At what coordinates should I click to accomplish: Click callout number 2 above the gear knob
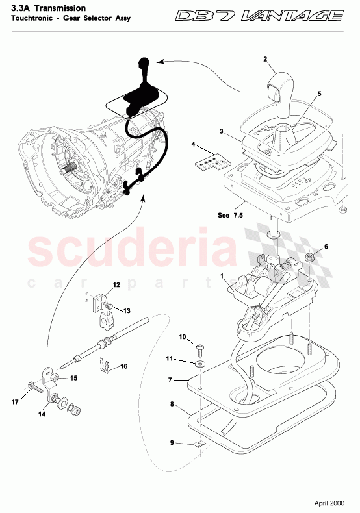[266, 59]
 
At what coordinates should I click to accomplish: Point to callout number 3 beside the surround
[221, 132]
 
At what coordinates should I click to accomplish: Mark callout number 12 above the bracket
[116, 284]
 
